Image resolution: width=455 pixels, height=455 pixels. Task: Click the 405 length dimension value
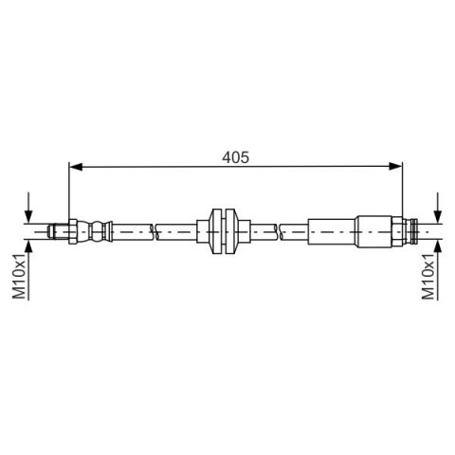235,157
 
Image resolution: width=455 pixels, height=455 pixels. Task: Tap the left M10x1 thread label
19,276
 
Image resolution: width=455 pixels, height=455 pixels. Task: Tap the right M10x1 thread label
428,276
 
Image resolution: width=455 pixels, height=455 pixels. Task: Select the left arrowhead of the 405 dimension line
76,166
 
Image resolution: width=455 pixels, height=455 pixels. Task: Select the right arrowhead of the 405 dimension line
395,166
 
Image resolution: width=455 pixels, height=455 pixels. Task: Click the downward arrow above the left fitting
28,208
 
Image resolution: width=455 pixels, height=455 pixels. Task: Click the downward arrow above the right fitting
438,208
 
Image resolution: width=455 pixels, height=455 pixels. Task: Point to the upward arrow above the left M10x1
28,249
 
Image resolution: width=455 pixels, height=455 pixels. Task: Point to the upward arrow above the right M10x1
438,249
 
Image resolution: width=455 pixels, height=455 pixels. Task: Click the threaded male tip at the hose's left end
58,231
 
